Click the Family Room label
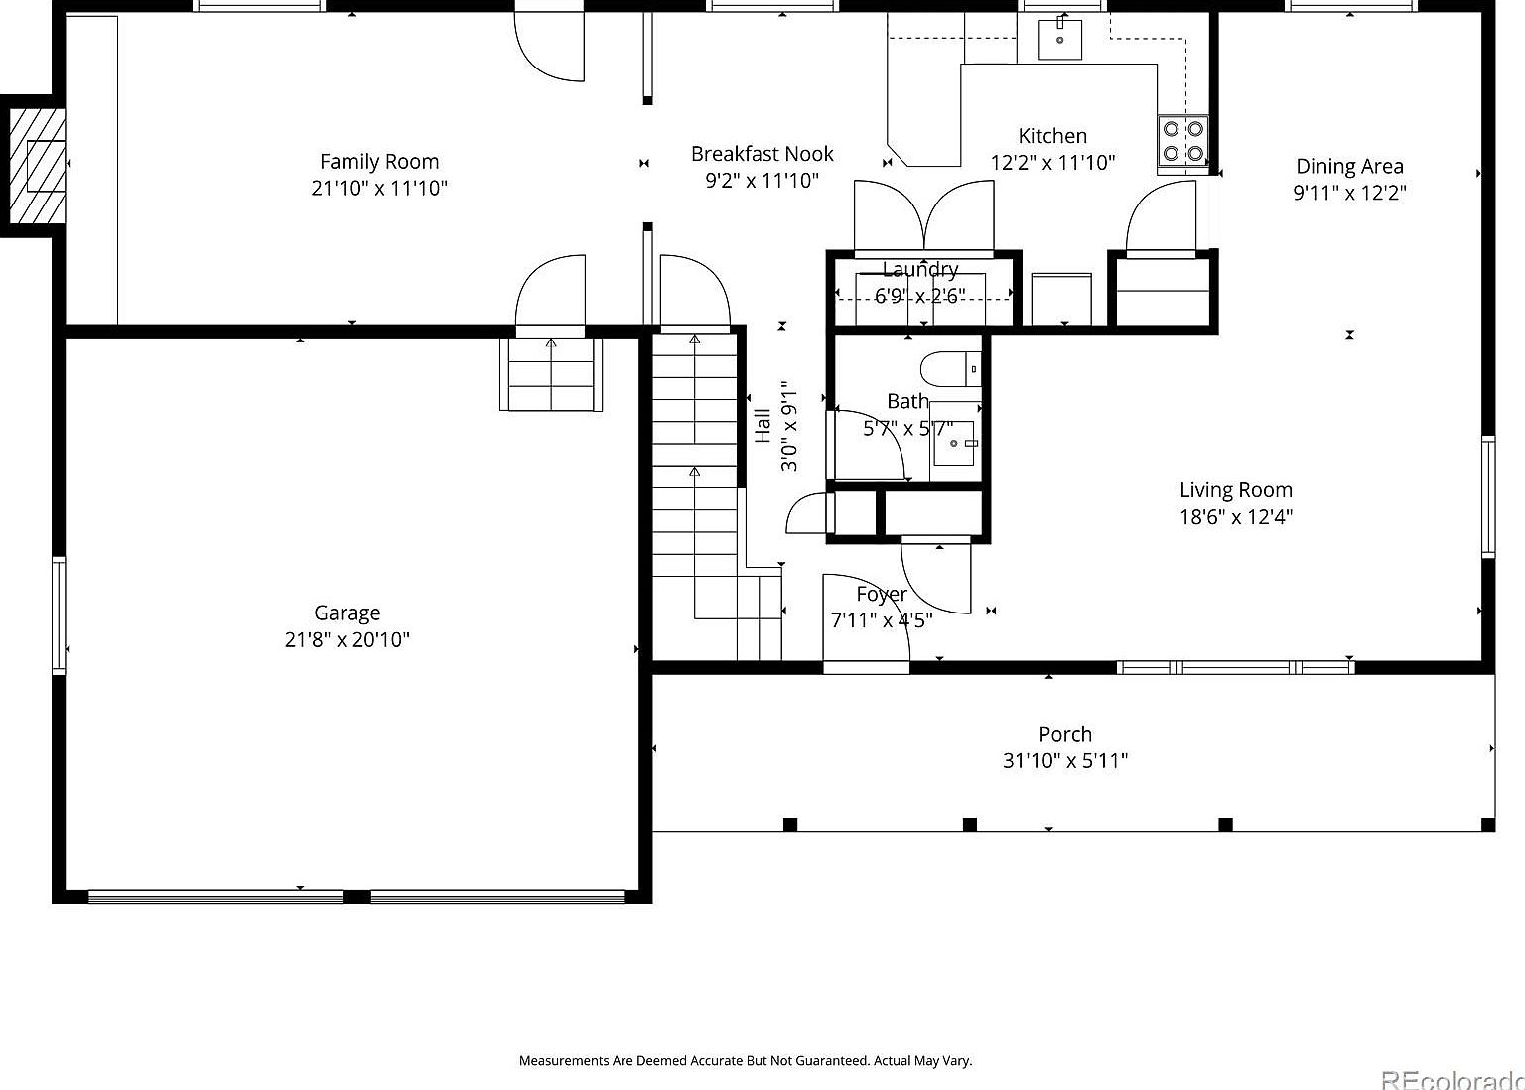pos(378,162)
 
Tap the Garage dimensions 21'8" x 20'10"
pos(347,640)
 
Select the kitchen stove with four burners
pos(1182,140)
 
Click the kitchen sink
pos(1059,39)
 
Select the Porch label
pos(1064,735)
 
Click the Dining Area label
pos(1349,167)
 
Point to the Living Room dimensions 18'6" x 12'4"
pos(1235,517)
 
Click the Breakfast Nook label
pos(762,154)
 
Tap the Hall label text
pos(762,426)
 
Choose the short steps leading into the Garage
pos(551,374)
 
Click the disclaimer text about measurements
pos(745,1060)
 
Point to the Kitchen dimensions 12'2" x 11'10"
pos(1052,163)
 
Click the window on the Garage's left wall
pos(59,615)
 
